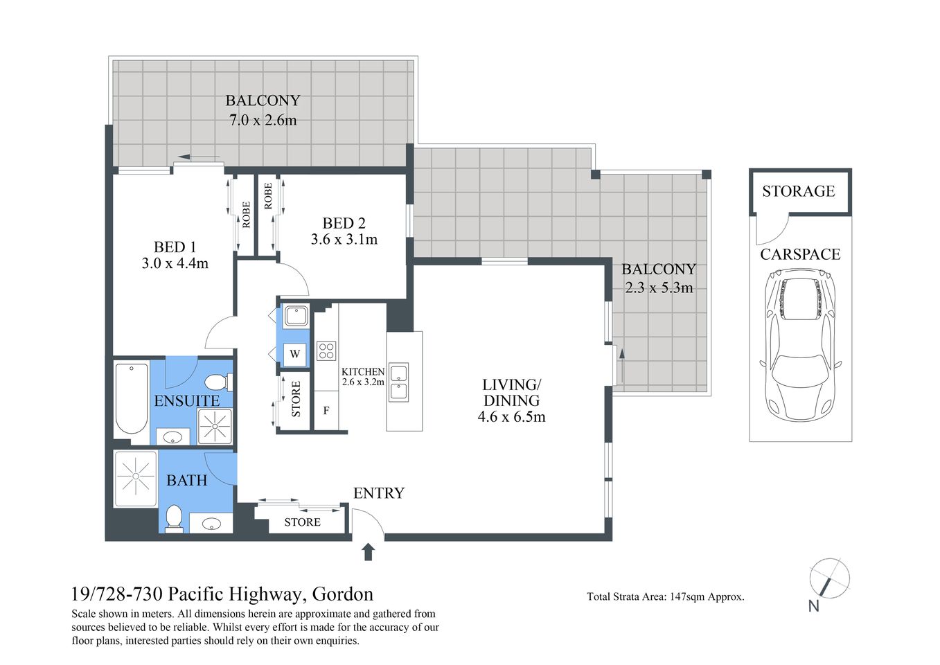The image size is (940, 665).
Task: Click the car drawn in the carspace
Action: [800, 344]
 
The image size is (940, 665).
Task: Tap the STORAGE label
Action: [798, 191]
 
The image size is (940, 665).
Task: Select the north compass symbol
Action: [828, 578]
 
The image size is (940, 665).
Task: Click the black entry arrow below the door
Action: [368, 551]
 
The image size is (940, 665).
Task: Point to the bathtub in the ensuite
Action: [131, 400]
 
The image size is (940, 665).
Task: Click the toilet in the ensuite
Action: [219, 382]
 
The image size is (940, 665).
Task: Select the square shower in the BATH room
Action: [135, 478]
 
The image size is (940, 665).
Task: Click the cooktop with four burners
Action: [326, 351]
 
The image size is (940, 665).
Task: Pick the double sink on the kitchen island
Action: [398, 382]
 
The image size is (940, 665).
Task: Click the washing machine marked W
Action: [295, 354]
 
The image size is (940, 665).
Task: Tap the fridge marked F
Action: [326, 411]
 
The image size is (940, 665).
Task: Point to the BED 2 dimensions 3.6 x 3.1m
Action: [344, 240]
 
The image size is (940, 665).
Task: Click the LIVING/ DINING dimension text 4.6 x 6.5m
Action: [511, 417]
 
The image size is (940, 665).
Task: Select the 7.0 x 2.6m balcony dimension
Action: [263, 120]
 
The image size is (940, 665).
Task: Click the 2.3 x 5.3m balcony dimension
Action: [658, 287]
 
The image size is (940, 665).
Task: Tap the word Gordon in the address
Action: [342, 594]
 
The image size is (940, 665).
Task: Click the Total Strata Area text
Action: [665, 596]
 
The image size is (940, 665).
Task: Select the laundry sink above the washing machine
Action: [295, 317]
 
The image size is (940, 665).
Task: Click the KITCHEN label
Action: [362, 372]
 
